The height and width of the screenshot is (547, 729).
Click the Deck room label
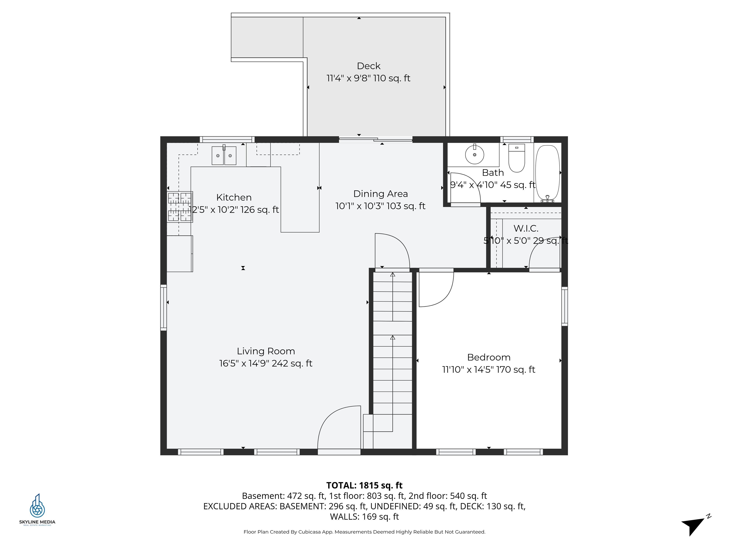[369, 66]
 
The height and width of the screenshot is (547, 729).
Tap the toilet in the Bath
[516, 158]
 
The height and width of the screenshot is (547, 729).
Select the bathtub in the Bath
[547, 173]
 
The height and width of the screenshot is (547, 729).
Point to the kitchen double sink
[224, 156]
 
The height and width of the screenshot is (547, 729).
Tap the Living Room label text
[266, 351]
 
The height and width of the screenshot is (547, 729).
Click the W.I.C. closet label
[526, 228]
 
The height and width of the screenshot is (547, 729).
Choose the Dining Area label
[380, 194]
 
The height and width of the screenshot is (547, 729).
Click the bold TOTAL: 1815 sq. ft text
[364, 485]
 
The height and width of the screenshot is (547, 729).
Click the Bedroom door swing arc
[438, 290]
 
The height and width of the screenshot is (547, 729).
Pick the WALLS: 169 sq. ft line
[364, 517]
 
